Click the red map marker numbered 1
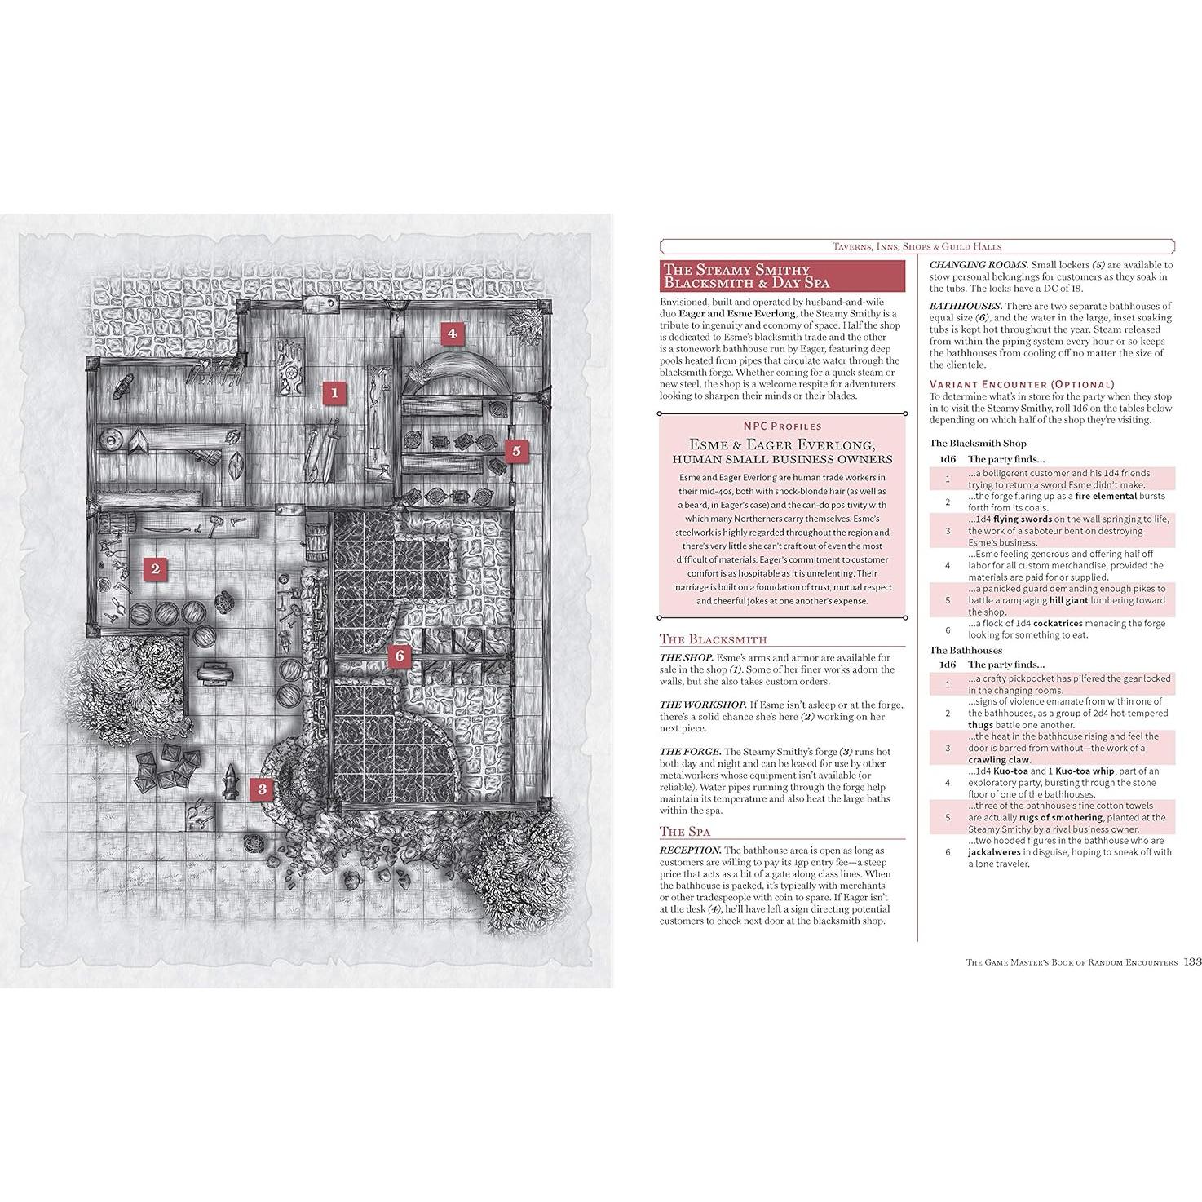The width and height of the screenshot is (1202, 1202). pos(334,392)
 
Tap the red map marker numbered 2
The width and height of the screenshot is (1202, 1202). pos(155,568)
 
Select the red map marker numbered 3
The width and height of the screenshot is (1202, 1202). pos(261,789)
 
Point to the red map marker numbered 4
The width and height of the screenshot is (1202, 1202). pos(451,333)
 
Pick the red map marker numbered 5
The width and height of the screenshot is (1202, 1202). pos(515,450)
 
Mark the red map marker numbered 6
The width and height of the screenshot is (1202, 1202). pos(398,656)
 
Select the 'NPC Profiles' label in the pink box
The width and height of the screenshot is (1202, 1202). pos(782,426)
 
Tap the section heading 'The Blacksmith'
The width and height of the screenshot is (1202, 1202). pos(714,639)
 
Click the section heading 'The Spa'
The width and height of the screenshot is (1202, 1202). pos(685,832)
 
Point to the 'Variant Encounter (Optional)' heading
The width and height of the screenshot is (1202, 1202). pos(1010,384)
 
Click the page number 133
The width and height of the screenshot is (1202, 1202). pos(1192,961)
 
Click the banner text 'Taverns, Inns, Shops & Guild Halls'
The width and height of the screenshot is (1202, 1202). pos(917,246)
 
